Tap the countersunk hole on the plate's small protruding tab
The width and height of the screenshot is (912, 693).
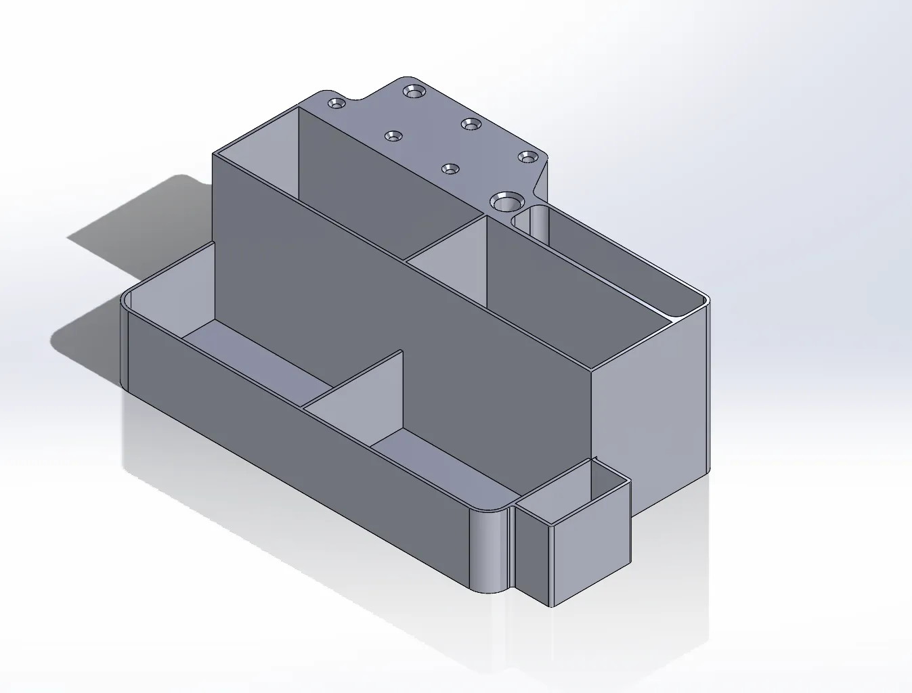click(x=336, y=104)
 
